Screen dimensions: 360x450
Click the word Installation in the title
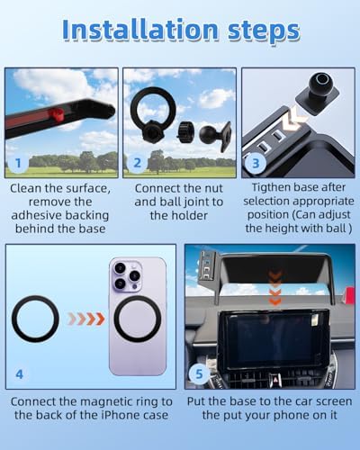tap(140, 30)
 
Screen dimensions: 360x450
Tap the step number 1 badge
tap(18, 163)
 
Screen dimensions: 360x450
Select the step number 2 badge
tap(137, 163)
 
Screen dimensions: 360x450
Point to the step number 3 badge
tap(256, 164)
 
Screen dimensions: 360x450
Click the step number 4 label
tap(19, 374)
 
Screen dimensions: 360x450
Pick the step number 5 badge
tap(199, 374)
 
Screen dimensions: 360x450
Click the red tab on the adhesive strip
tap(56, 114)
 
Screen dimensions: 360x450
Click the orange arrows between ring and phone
tap(86, 319)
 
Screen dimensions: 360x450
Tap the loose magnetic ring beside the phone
tap(35, 319)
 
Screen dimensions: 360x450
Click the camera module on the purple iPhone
tap(127, 275)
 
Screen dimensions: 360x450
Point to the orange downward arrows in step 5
tap(274, 288)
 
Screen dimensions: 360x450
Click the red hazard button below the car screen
tap(274, 379)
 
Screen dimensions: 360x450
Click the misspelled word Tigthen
tap(268, 187)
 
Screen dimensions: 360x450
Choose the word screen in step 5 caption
tap(333, 402)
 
